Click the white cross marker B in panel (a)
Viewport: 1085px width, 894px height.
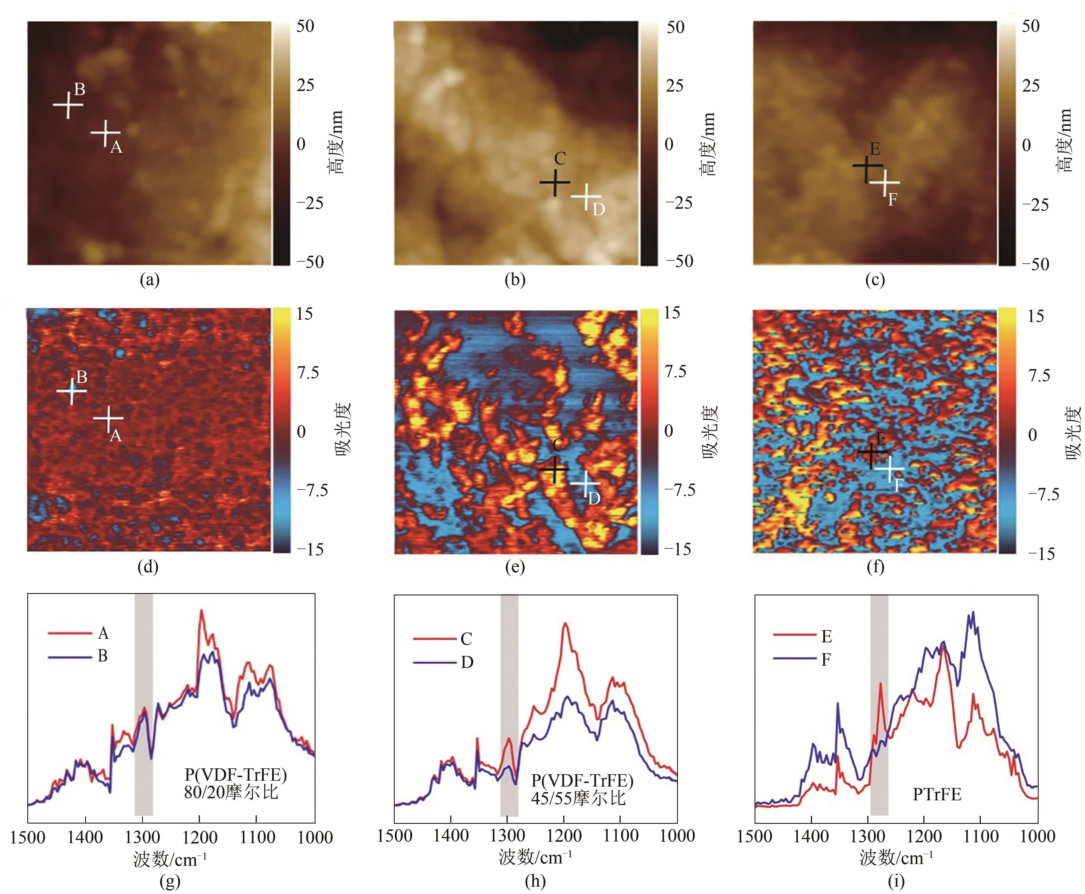tap(68, 105)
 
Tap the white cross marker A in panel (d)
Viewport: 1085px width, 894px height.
tap(108, 418)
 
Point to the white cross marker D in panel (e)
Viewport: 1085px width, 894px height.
tap(585, 483)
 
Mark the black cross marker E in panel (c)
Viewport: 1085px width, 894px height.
tap(867, 166)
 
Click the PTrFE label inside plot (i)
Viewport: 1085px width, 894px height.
tap(937, 794)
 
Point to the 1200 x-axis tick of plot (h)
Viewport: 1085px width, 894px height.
tap(565, 835)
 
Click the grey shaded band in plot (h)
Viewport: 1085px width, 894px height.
tap(509, 706)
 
